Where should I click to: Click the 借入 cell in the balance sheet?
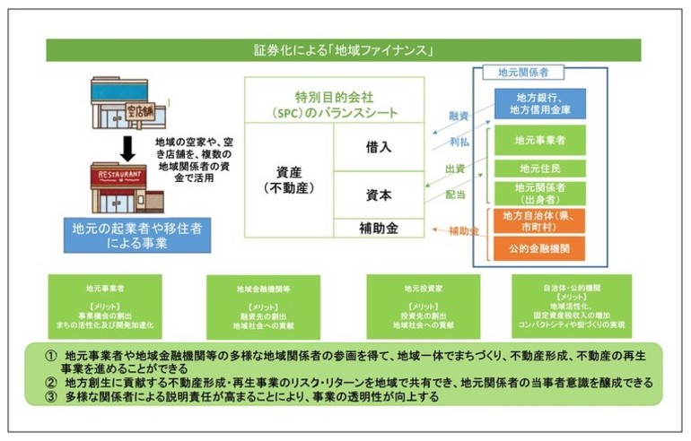378,147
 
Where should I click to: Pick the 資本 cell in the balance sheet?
378,195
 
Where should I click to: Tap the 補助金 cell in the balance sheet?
378,229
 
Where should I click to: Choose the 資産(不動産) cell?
289,179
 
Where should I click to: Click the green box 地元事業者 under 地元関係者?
538,140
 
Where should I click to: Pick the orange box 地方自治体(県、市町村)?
538,220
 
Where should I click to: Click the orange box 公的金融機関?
538,248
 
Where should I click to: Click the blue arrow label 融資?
458,116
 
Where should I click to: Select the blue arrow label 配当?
455,194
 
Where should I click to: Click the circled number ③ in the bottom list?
51,397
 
